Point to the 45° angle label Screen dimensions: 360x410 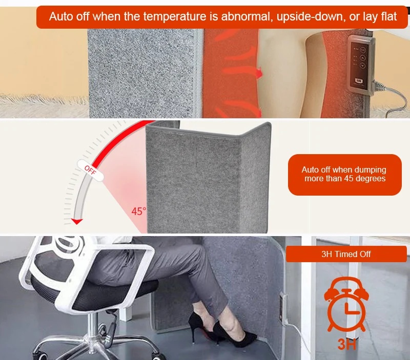coord(138,211)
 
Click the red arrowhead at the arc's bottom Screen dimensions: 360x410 coord(77,222)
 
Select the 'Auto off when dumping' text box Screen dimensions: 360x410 coord(344,174)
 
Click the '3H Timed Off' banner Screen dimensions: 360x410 coord(346,254)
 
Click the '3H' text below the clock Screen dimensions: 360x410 coord(347,343)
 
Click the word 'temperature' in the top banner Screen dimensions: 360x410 coord(175,16)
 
